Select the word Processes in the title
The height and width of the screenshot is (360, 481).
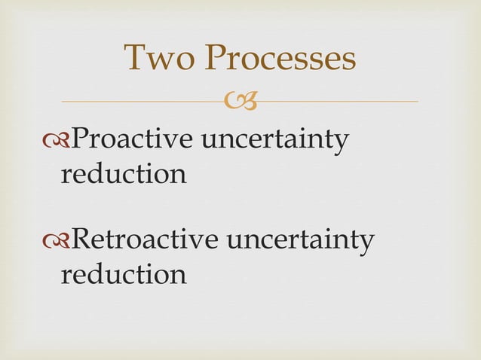281,59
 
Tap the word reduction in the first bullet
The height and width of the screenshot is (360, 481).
123,174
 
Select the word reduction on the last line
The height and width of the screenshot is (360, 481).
123,274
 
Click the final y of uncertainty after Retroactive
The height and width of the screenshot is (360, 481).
366,244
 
